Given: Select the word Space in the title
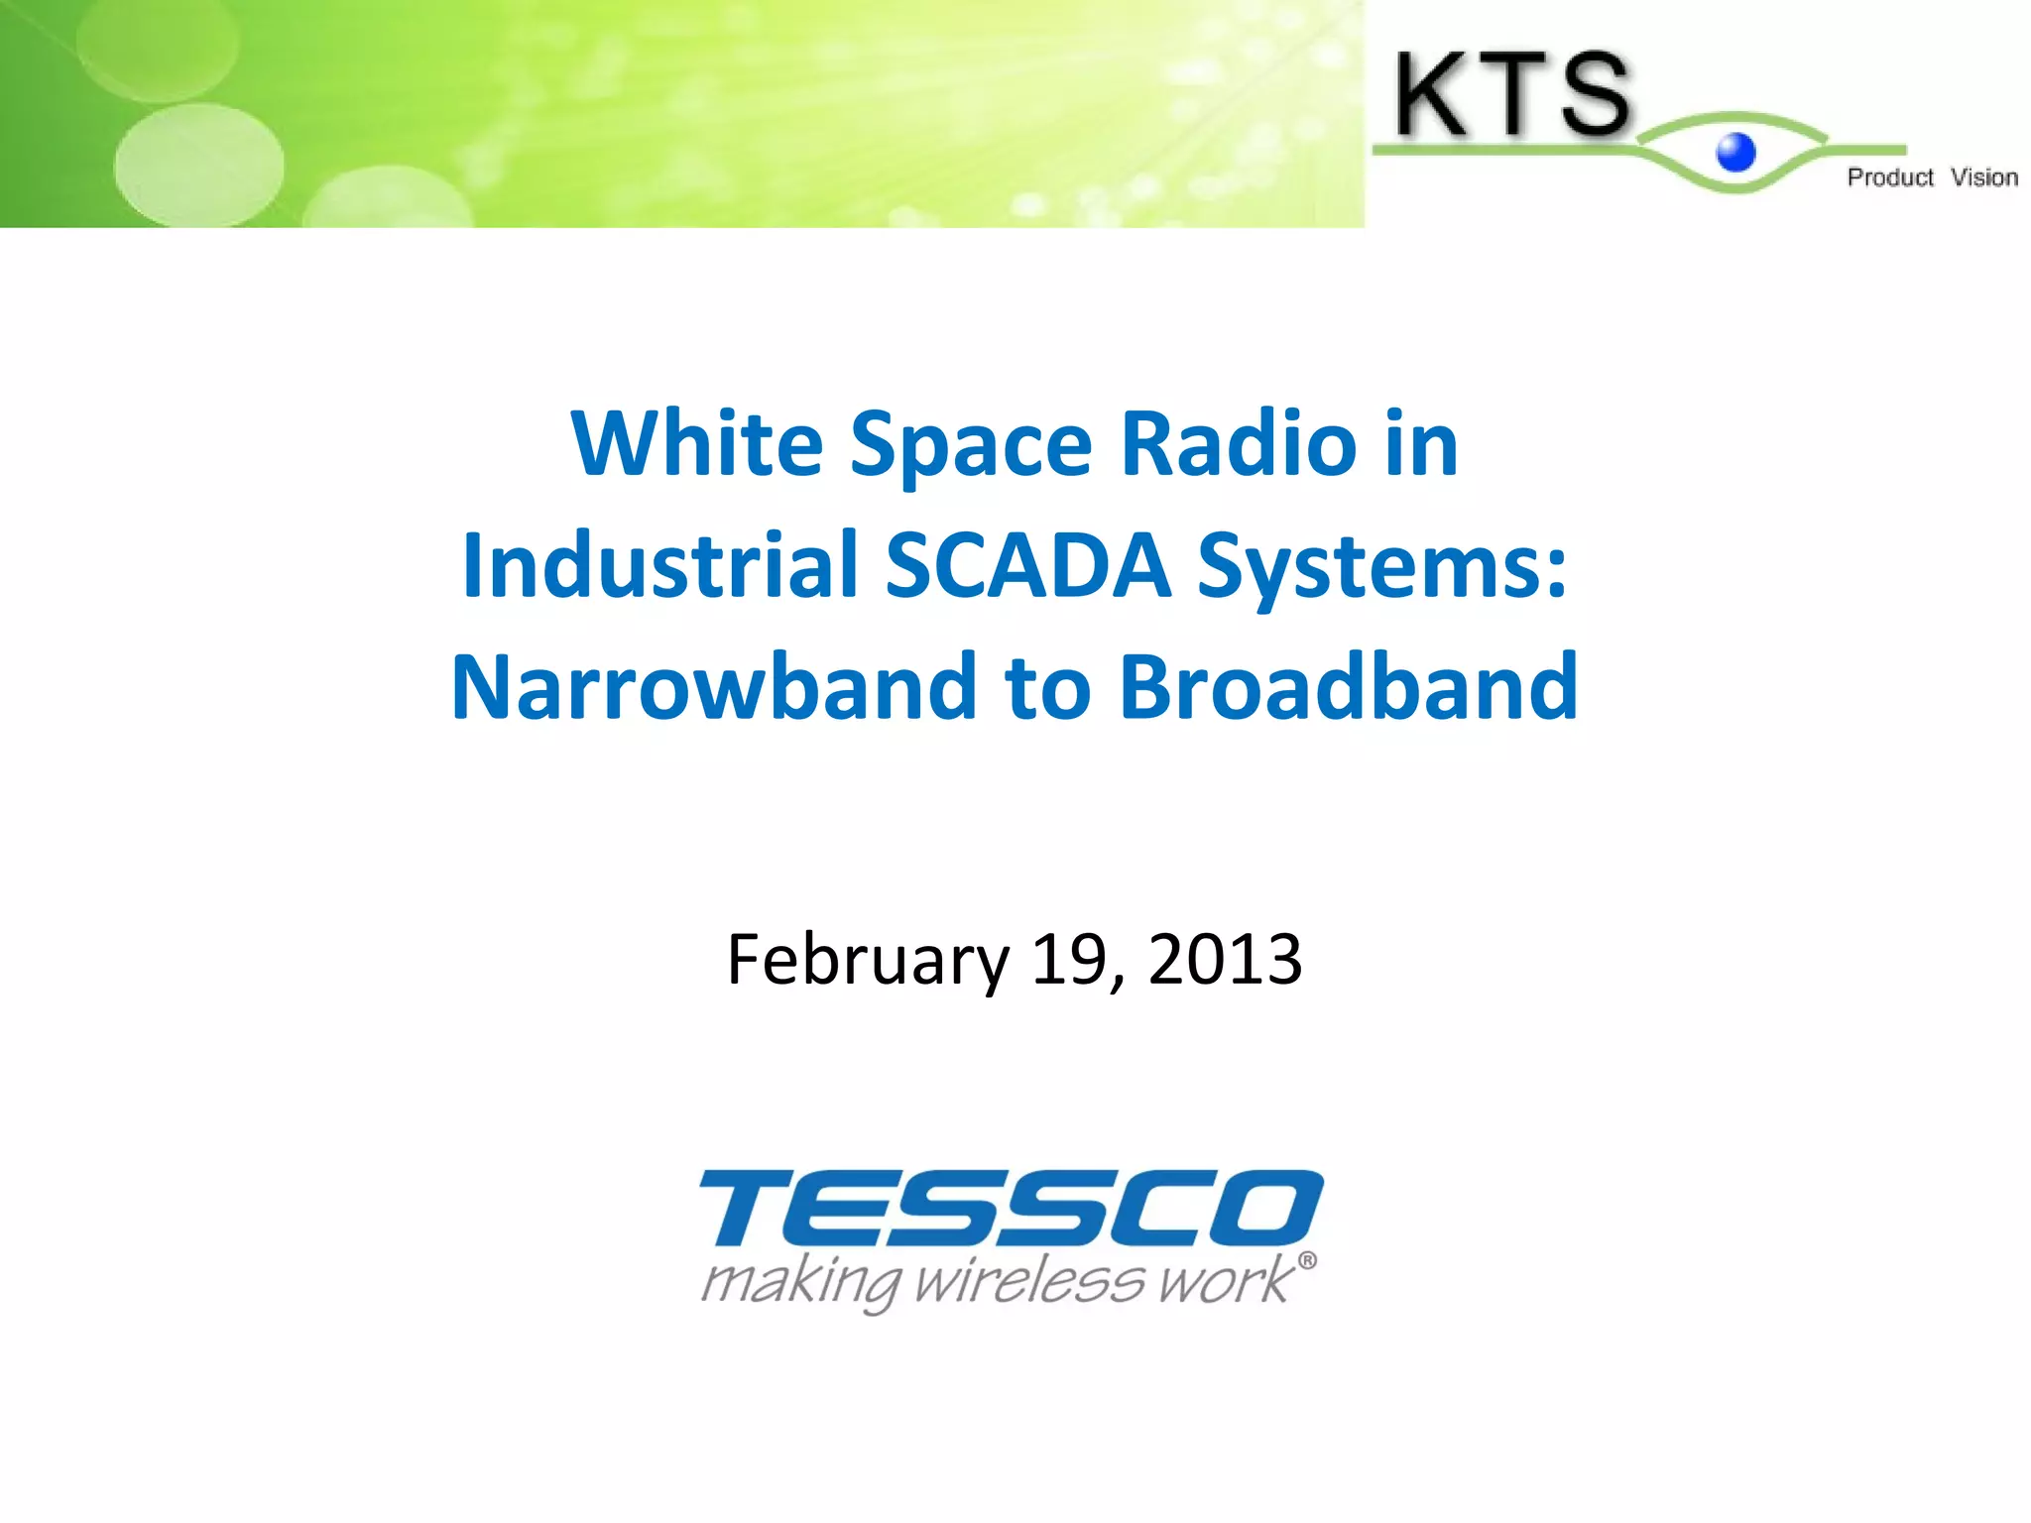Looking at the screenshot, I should (971, 445).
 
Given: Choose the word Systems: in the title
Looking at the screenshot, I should (1382, 567).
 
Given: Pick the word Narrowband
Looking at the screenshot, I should (714, 687).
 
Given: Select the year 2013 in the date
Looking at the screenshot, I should (1225, 959).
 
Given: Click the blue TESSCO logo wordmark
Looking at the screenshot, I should (1012, 1207).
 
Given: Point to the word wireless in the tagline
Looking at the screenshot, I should (1031, 1281).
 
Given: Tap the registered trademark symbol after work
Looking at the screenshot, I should (1307, 1260).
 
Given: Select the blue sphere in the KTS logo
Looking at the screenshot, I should (1735, 153).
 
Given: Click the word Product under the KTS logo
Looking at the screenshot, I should (1889, 177).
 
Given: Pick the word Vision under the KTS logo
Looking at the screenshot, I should (1983, 177).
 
